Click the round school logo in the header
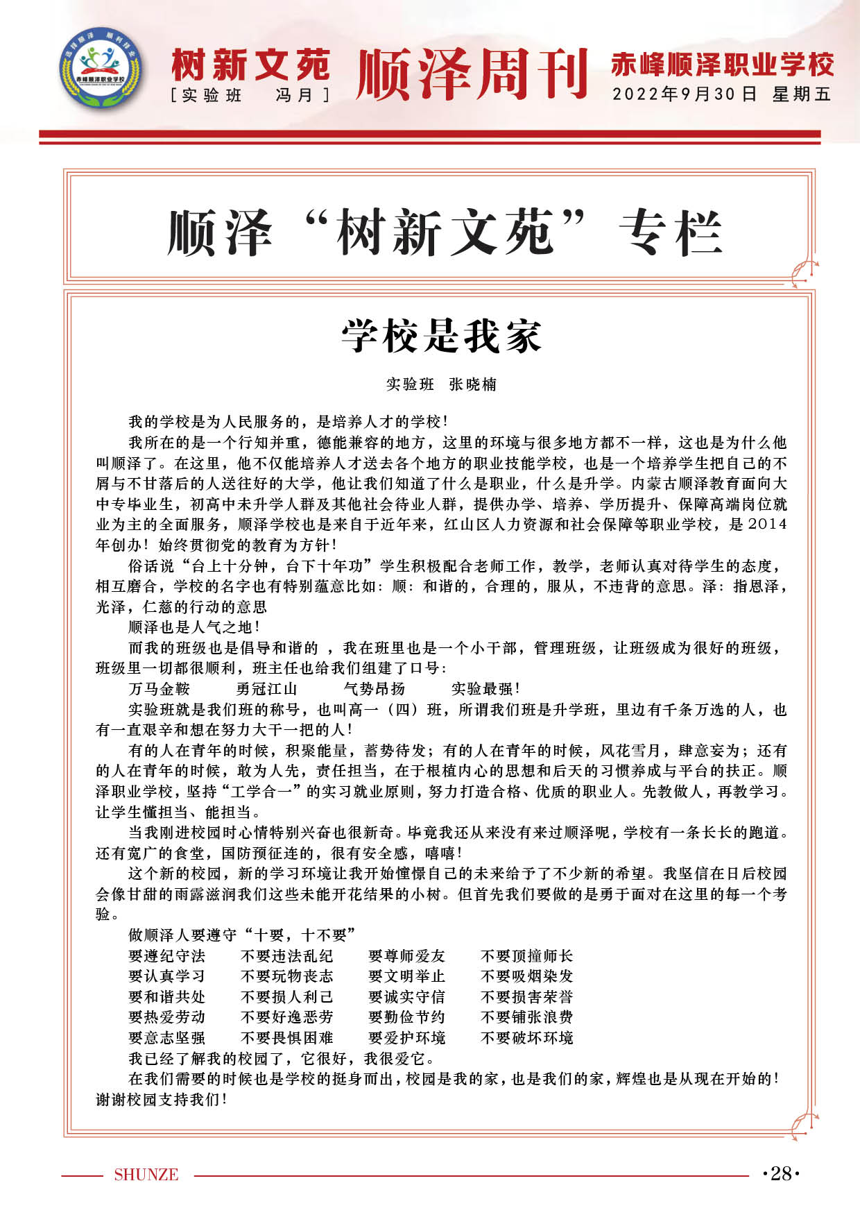pyautogui.click(x=101, y=69)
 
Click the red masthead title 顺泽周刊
pyautogui.click(x=472, y=73)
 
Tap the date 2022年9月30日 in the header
pyautogui.click(x=684, y=94)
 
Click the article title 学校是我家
pyautogui.click(x=441, y=337)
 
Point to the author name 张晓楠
pyautogui.click(x=473, y=384)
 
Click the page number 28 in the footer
pyautogui.click(x=781, y=1173)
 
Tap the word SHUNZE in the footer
pyautogui.click(x=146, y=1175)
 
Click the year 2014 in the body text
pyautogui.click(x=768, y=525)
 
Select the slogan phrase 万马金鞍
pyautogui.click(x=159, y=689)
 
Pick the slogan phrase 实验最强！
pyautogui.click(x=485, y=689)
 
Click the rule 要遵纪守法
pyautogui.click(x=166, y=956)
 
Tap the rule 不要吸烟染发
pyautogui.click(x=527, y=976)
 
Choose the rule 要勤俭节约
pyautogui.click(x=406, y=1017)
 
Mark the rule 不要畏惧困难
pyautogui.click(x=286, y=1038)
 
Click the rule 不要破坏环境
pyautogui.click(x=527, y=1038)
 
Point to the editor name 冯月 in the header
pyautogui.click(x=294, y=95)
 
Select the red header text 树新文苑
pyautogui.click(x=250, y=66)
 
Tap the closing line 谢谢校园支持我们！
pyautogui.click(x=162, y=1100)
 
